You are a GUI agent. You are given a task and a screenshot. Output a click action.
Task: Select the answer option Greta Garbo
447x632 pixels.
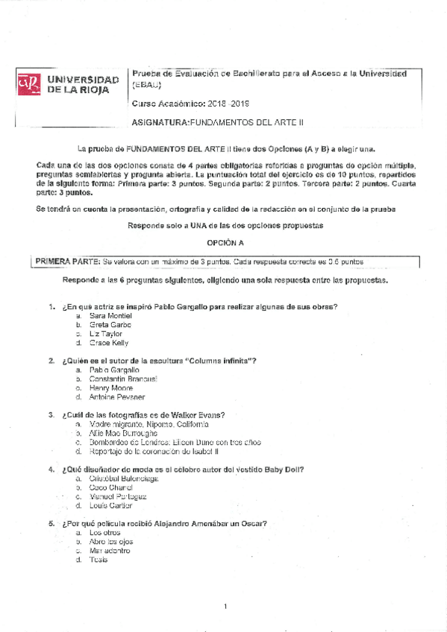click(x=110, y=324)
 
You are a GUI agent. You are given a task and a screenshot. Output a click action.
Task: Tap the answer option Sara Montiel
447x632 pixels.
click(x=110, y=315)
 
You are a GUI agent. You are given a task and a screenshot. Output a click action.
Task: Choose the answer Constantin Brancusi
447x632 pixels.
click(x=122, y=379)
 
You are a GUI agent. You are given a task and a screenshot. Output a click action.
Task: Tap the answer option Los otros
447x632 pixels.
click(x=104, y=532)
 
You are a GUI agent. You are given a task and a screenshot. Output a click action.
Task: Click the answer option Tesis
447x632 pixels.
click(x=98, y=560)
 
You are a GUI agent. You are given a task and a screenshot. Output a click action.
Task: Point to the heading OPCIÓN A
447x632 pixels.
click(x=225, y=243)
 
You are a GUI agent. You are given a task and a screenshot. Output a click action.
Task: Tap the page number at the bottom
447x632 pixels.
click(x=225, y=607)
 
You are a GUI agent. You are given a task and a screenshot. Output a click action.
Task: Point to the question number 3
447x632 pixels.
click(x=51, y=414)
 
